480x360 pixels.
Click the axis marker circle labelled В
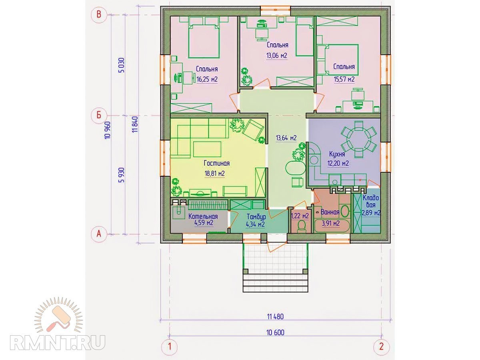point(99,15)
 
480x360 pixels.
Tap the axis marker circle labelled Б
point(99,115)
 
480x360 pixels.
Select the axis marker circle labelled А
point(99,234)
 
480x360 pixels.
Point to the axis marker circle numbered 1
point(169,347)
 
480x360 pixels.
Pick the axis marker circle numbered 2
point(382,347)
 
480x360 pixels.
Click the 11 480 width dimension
point(275,316)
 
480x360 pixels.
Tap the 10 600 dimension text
point(276,332)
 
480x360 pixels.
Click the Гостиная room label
point(217,163)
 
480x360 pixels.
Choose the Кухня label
point(337,154)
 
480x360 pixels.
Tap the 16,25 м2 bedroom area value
point(207,79)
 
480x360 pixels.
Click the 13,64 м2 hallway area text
point(286,138)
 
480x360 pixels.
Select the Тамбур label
point(256,217)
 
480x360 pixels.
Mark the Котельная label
point(203,216)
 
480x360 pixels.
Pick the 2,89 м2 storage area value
point(371,213)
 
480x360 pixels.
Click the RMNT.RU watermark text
point(58,342)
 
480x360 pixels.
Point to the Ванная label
point(330,212)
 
